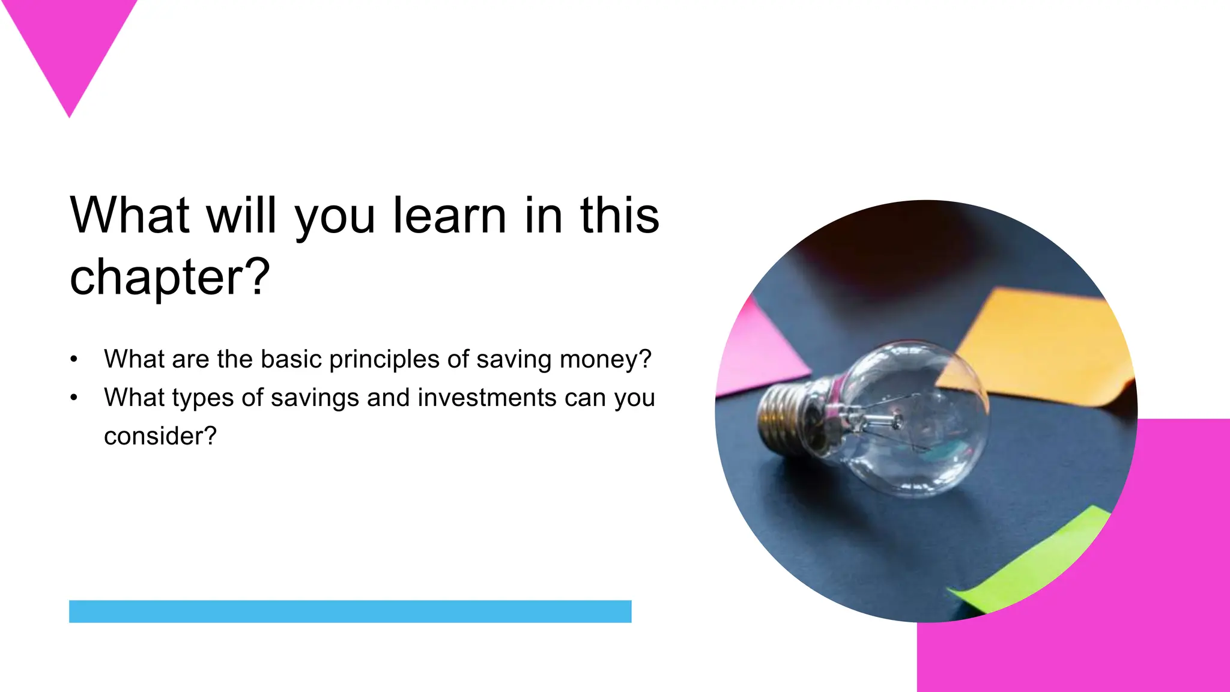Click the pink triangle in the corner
point(69,42)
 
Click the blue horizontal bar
point(350,611)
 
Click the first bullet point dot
point(74,359)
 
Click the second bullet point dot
point(74,398)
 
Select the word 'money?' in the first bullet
point(605,359)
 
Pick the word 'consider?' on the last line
point(160,436)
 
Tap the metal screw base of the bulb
point(784,414)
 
